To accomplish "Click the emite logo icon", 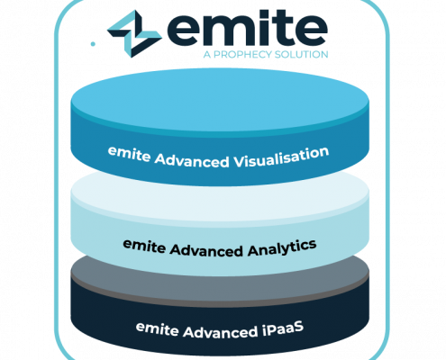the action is coord(134,33).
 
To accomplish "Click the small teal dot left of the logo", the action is coord(93,44).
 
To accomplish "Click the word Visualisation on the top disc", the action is coord(281,157).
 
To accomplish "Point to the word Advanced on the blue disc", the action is coord(192,160).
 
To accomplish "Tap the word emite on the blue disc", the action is coord(129,153).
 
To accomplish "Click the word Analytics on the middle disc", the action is coord(282,248).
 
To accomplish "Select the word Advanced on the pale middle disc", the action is coord(206,250).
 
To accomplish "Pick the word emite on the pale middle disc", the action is coord(144,246).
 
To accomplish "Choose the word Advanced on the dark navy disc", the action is coord(221,332).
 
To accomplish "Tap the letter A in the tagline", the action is coord(207,55).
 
